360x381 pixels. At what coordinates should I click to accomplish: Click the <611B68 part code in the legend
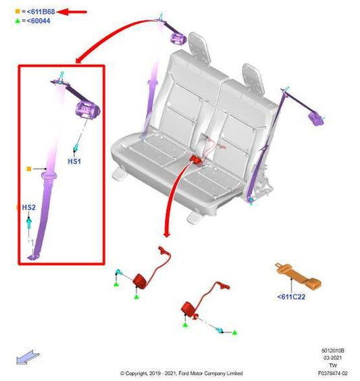point(41,11)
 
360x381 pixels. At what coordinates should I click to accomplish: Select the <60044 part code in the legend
point(38,21)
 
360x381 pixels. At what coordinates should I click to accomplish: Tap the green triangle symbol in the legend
point(18,21)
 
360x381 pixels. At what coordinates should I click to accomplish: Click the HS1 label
point(74,161)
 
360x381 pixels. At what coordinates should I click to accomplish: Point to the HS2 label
point(28,207)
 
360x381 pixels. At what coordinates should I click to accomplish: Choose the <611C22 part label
point(291,297)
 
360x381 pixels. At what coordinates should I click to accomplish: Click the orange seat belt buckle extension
point(299,276)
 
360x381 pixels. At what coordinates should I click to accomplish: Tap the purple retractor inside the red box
point(88,110)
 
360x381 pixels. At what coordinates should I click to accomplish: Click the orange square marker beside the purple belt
point(28,169)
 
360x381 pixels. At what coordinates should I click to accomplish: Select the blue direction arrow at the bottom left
point(28,357)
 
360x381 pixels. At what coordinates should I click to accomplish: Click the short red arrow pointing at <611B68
point(72,11)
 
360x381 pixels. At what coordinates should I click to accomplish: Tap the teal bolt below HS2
point(29,223)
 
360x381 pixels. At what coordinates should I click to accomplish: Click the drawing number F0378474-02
point(332,373)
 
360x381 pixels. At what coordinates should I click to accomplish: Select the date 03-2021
point(332,358)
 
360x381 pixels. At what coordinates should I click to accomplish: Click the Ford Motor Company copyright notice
point(182,373)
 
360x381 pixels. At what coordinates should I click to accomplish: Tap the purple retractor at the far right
point(316,119)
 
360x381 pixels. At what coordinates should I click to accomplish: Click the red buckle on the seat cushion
point(197,159)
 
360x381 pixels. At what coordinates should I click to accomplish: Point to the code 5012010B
point(332,351)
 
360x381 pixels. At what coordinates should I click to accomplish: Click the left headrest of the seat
point(200,47)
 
